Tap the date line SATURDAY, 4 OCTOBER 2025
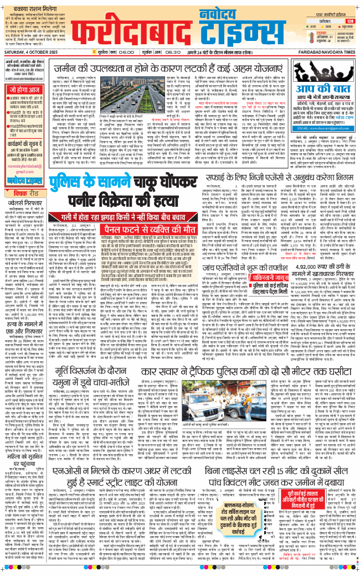(30, 53)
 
